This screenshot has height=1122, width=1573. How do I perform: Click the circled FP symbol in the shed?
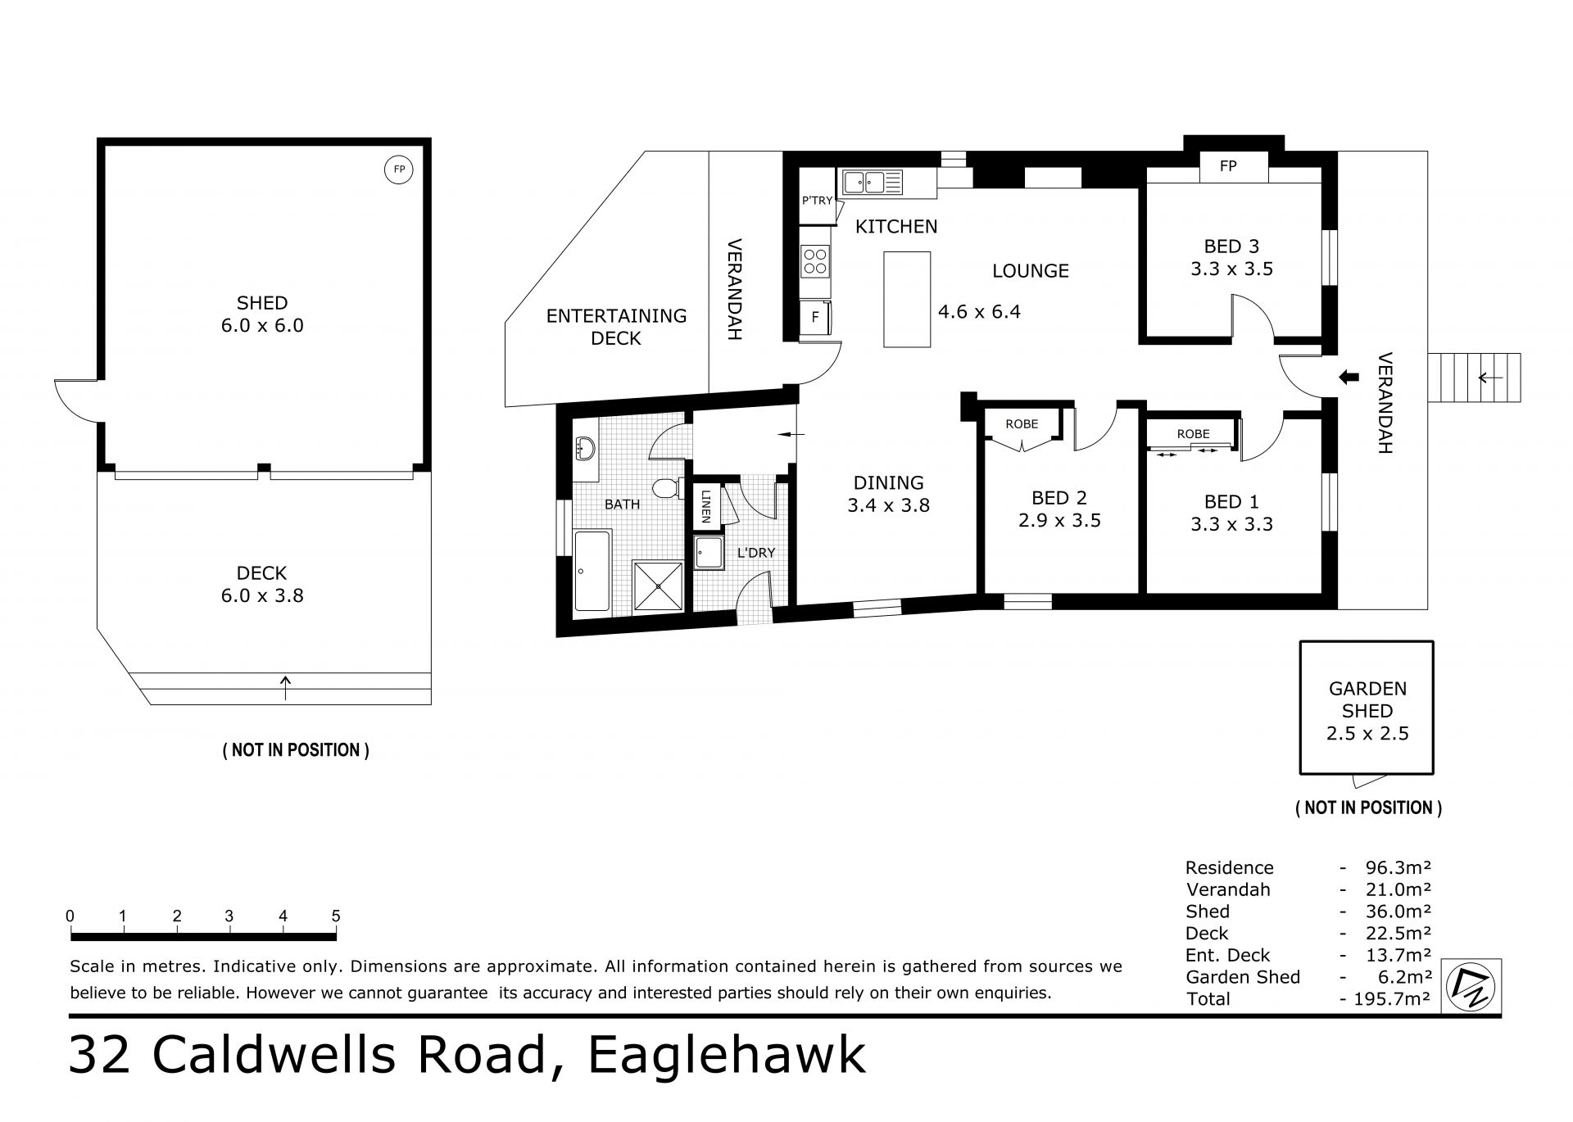click(399, 170)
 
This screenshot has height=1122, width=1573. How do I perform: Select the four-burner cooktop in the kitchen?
click(815, 260)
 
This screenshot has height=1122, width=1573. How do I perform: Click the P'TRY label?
click(817, 200)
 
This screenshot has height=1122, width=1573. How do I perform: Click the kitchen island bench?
click(907, 300)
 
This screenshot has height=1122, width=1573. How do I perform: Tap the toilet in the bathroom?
click(668, 488)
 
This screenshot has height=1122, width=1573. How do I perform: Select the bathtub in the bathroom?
click(592, 571)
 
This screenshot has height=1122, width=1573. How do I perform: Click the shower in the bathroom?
click(658, 586)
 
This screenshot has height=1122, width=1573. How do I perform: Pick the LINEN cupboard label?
click(705, 507)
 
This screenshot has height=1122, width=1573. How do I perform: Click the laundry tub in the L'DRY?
click(709, 553)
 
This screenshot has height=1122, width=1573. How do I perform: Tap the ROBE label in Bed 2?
click(1022, 423)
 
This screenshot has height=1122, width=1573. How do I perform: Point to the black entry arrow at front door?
click(1348, 377)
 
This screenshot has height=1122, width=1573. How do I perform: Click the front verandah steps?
click(1475, 378)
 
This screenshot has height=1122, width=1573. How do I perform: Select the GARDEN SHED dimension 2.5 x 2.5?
click(1367, 733)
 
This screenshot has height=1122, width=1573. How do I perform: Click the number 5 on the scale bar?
click(336, 916)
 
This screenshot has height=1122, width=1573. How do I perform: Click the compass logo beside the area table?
click(1471, 987)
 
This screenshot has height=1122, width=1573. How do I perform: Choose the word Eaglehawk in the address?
click(727, 1056)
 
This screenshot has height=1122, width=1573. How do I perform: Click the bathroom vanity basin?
click(585, 448)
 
